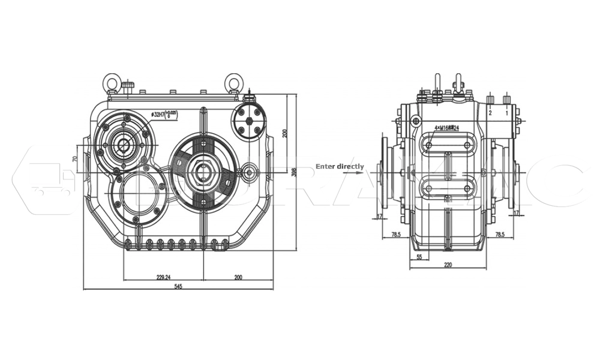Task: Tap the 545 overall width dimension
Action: pyautogui.click(x=178, y=286)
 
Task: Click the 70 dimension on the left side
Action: pyautogui.click(x=74, y=159)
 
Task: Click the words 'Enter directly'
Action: pyautogui.click(x=340, y=166)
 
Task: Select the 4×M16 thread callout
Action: pyautogui.click(x=446, y=128)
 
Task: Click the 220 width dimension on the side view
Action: pyautogui.click(x=448, y=265)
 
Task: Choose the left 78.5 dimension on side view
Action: pyautogui.click(x=397, y=235)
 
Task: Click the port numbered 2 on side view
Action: pyautogui.click(x=490, y=112)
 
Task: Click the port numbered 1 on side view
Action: pyautogui.click(x=506, y=112)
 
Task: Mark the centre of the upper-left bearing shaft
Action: pyautogui.click(x=124, y=144)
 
